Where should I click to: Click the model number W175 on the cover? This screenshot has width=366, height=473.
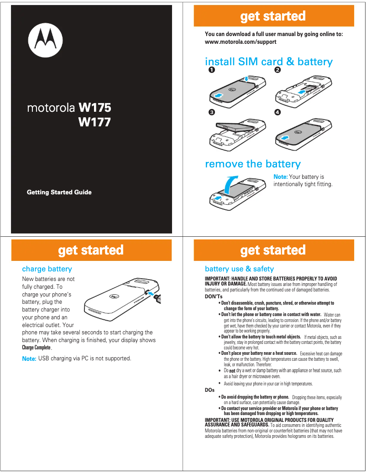(94, 108)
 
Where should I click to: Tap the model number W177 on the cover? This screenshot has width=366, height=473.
(94, 122)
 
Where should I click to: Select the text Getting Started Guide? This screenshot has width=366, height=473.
(59, 192)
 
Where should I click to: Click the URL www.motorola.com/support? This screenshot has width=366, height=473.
(241, 42)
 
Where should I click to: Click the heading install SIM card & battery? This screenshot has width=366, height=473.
(268, 62)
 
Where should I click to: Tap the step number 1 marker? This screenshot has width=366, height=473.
(211, 70)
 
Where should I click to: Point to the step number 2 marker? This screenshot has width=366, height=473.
(277, 70)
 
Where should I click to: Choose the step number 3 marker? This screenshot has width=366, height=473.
(211, 112)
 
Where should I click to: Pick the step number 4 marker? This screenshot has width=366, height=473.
(277, 112)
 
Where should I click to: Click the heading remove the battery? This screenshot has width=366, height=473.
(253, 164)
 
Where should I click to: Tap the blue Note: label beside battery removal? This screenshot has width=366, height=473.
(280, 177)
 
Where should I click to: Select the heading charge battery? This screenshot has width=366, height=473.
(47, 269)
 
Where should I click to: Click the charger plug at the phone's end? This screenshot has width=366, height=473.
(156, 298)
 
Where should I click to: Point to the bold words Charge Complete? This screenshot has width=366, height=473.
(37, 348)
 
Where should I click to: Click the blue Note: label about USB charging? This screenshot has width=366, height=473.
(29, 359)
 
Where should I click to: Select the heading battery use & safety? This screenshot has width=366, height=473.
(239, 269)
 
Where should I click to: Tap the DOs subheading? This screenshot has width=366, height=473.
(209, 390)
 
